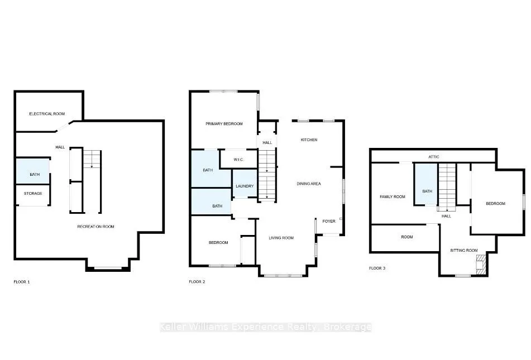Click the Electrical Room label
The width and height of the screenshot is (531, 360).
point(47,114)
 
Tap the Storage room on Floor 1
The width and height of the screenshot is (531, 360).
point(33,195)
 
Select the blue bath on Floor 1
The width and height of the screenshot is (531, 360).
point(33,171)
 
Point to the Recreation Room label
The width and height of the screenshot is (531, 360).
point(95,227)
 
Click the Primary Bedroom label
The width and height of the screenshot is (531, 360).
point(224,124)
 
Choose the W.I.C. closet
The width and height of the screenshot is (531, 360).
point(238,159)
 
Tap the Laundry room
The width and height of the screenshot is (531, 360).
point(245,183)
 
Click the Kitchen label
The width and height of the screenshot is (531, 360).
point(309,140)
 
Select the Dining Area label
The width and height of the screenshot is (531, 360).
point(309,184)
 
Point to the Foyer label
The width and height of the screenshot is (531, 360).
point(329,222)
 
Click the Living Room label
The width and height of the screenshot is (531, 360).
point(281,238)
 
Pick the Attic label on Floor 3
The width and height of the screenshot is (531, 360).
point(434,157)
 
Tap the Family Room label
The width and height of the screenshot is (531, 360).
point(392,197)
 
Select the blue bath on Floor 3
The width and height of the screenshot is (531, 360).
point(426,184)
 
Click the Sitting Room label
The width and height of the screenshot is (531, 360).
point(463,251)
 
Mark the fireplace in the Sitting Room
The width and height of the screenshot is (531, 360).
point(480,264)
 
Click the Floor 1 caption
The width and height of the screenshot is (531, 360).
point(22,282)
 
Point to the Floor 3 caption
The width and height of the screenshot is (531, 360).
point(377,268)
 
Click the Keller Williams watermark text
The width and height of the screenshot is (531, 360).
point(266,327)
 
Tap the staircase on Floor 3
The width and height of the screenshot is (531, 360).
point(447,187)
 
